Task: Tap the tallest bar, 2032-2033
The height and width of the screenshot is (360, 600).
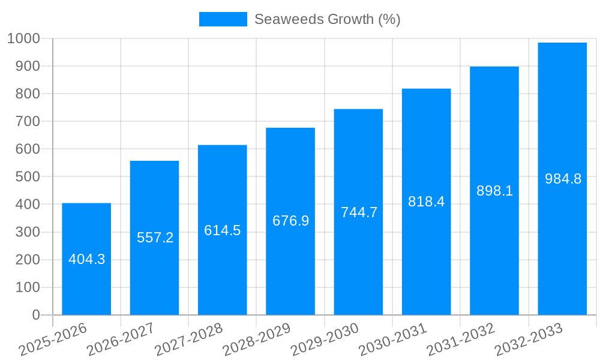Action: (x=562, y=120)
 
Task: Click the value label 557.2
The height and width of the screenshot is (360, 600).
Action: (x=155, y=238)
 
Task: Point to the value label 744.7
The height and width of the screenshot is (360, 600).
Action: (x=359, y=212)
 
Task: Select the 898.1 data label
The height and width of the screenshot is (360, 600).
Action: (x=494, y=191)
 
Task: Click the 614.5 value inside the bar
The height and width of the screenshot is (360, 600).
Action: (x=222, y=230)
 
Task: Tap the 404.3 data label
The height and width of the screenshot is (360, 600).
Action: (x=86, y=259)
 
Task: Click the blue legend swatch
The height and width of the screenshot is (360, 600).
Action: (x=223, y=19)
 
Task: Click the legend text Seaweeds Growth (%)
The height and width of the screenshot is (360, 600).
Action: (x=327, y=19)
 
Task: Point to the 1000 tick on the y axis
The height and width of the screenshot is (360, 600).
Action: (x=24, y=38)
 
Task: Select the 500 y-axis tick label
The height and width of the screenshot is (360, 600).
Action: (x=28, y=177)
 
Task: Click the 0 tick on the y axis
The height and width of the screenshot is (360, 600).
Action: (x=36, y=315)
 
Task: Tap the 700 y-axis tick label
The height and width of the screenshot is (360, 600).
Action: (x=28, y=121)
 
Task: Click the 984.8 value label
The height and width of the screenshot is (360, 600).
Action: (x=563, y=179)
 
